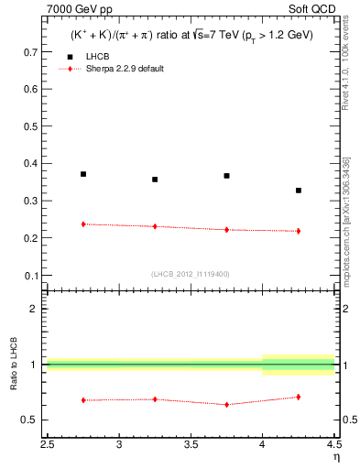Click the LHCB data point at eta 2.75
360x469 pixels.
coord(83,174)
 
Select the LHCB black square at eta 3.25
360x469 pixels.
coord(155,180)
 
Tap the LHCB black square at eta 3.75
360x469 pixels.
coord(226,176)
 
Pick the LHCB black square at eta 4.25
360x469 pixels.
coord(299,191)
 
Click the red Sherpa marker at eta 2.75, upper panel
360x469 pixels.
coord(83,224)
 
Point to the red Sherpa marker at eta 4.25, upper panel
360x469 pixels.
coord(299,231)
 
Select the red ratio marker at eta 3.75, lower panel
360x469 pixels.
coord(226,404)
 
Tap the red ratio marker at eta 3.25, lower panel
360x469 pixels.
coord(155,399)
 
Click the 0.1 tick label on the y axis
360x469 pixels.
coord(30,275)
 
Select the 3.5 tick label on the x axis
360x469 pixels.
coord(191,444)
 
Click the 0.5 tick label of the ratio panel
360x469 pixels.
coord(30,420)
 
